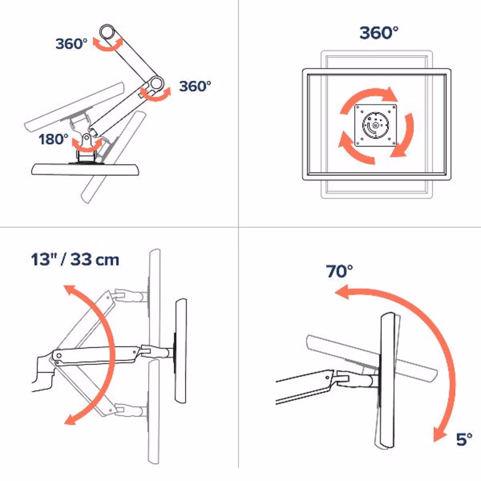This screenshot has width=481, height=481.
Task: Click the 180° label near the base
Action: click(x=54, y=139)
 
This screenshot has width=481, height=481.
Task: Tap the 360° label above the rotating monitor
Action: click(x=379, y=33)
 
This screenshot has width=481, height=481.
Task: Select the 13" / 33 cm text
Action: click(x=75, y=259)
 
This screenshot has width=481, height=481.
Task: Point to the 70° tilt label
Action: click(x=339, y=271)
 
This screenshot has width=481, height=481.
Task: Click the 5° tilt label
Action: click(x=464, y=439)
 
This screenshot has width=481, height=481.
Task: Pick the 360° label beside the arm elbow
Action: click(x=195, y=86)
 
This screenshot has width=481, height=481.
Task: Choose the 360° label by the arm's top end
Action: click(x=71, y=44)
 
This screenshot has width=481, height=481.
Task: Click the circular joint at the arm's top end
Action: click(x=108, y=32)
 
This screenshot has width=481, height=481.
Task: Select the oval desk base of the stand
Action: click(x=85, y=170)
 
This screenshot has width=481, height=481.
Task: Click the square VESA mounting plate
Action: click(x=375, y=125)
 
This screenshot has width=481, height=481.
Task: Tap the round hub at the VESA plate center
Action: click(x=375, y=125)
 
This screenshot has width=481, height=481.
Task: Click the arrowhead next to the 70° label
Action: click(x=342, y=292)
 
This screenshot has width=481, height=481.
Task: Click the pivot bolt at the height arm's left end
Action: click(x=59, y=356)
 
